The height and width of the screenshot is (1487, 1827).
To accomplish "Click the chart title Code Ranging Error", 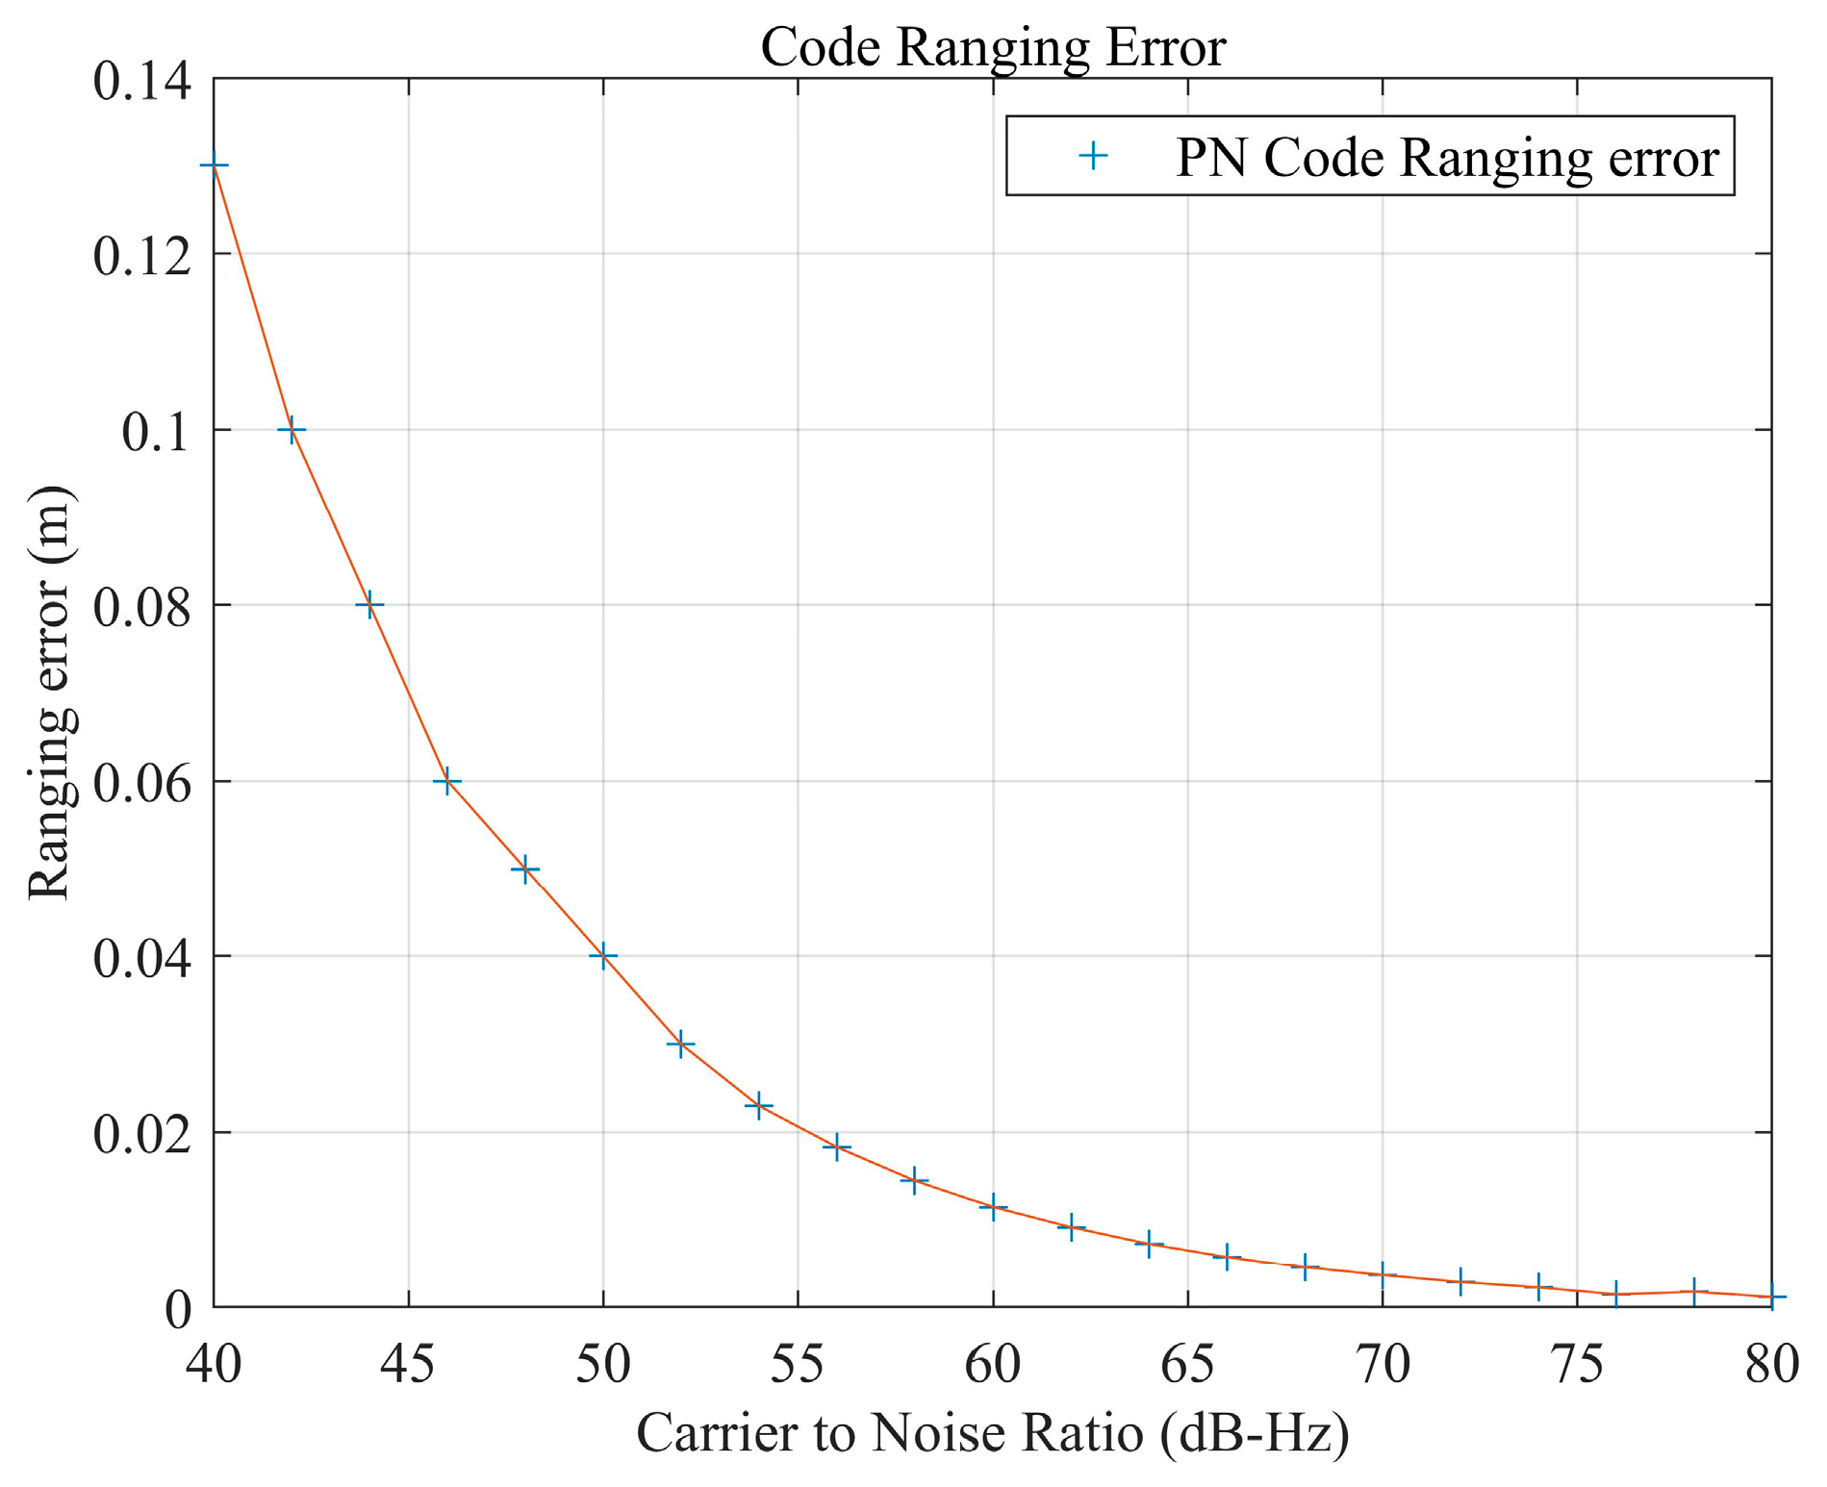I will click(x=992, y=46).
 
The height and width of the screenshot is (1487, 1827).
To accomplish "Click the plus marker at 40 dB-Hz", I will click(x=214, y=165).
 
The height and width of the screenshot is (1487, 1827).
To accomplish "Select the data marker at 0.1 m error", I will click(x=292, y=430).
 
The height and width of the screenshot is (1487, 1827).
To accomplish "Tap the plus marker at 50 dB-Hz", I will click(x=603, y=956).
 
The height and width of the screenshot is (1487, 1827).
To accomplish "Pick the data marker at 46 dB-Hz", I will click(x=446, y=781).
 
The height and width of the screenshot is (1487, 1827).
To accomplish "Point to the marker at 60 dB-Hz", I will click(x=993, y=1206).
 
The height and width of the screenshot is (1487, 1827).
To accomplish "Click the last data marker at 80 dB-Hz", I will click(x=1771, y=1297).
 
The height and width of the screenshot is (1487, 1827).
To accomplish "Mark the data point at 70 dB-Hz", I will click(x=1383, y=1275).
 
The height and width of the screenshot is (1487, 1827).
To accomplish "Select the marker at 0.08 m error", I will click(x=369, y=605).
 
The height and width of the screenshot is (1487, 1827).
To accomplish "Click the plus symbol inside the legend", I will click(x=1093, y=156).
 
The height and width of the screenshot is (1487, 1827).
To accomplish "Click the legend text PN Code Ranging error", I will click(x=1446, y=157).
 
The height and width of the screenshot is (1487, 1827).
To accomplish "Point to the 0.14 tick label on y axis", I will click(x=141, y=81).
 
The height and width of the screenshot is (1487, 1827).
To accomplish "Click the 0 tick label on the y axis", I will click(x=178, y=1309).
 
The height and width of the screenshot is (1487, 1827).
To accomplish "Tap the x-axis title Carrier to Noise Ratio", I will click(x=992, y=1433).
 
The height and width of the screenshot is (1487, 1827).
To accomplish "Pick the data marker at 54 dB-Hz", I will click(x=759, y=1105).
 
